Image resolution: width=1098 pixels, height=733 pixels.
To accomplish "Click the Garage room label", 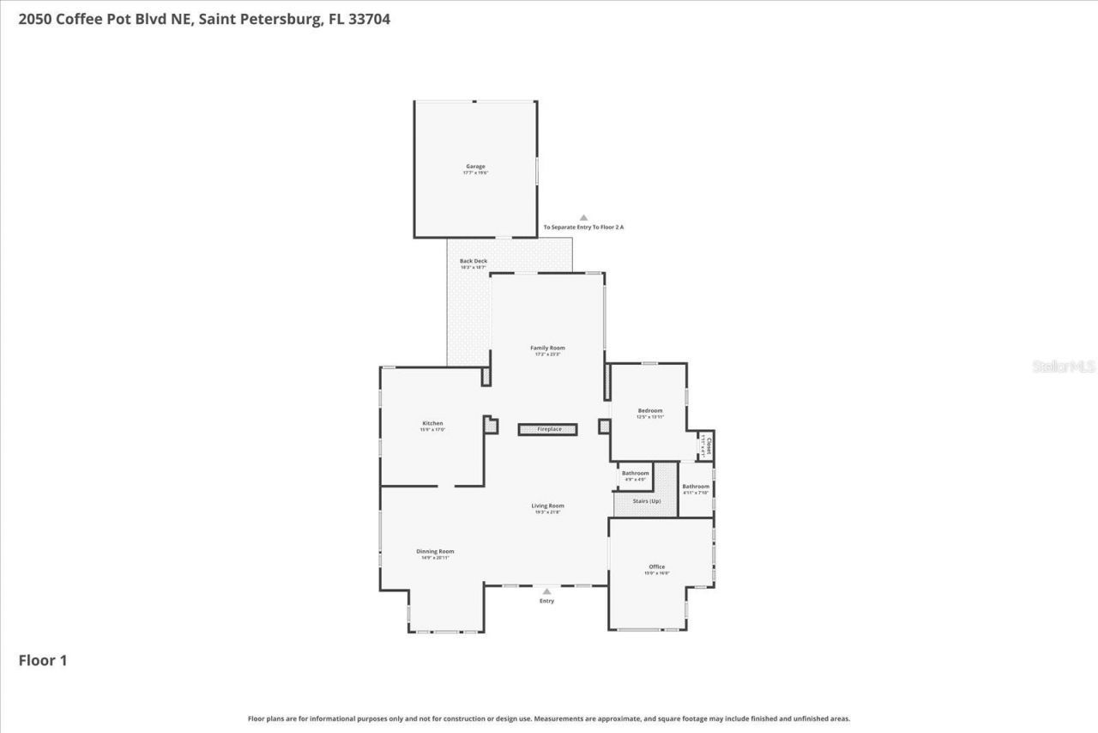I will pyautogui.click(x=475, y=167).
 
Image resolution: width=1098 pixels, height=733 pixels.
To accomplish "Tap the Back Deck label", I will pyautogui.click(x=473, y=261).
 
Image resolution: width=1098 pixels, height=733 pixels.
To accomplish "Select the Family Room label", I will pyautogui.click(x=547, y=348).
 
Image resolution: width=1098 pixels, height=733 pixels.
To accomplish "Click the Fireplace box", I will pyautogui.click(x=547, y=429).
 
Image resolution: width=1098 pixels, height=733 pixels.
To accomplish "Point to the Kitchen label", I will pyautogui.click(x=432, y=424).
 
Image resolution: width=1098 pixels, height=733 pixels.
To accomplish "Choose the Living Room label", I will pyautogui.click(x=547, y=506).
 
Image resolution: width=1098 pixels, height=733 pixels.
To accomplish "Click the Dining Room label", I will pyautogui.click(x=435, y=552).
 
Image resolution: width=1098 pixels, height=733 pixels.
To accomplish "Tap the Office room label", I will pyautogui.click(x=657, y=567).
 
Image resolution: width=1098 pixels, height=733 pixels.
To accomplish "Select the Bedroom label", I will pyautogui.click(x=649, y=411).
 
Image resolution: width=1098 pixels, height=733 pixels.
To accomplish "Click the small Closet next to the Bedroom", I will pyautogui.click(x=707, y=445).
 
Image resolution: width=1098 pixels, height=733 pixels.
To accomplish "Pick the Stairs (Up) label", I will pyautogui.click(x=647, y=501).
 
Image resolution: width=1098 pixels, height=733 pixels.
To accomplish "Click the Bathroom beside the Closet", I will pyautogui.click(x=696, y=488).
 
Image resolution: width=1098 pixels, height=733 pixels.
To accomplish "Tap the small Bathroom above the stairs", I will pyautogui.click(x=635, y=474).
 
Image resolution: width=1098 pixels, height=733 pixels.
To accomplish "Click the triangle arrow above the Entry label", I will pyautogui.click(x=546, y=591).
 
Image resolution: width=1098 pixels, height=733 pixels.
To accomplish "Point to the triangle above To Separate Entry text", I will pyautogui.click(x=583, y=218).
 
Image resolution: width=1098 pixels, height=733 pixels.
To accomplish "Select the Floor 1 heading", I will pyautogui.click(x=43, y=660).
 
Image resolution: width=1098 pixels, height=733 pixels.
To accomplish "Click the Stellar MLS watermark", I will pyautogui.click(x=1064, y=366).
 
